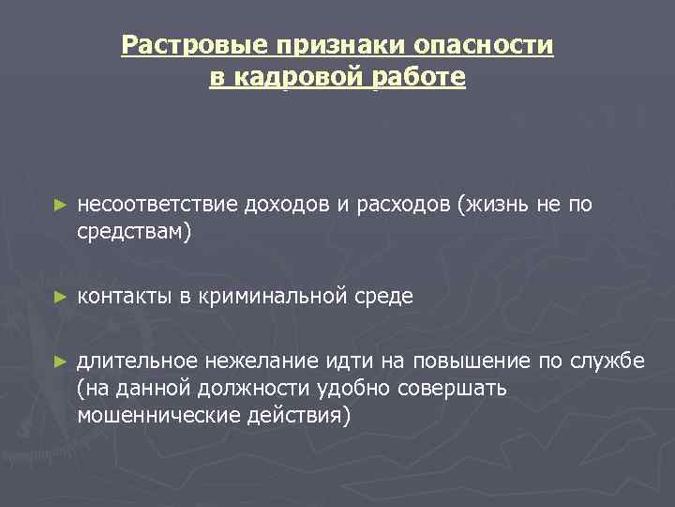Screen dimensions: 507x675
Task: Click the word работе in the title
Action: [x=418, y=77]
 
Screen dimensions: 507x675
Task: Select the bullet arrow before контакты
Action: [x=61, y=297]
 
